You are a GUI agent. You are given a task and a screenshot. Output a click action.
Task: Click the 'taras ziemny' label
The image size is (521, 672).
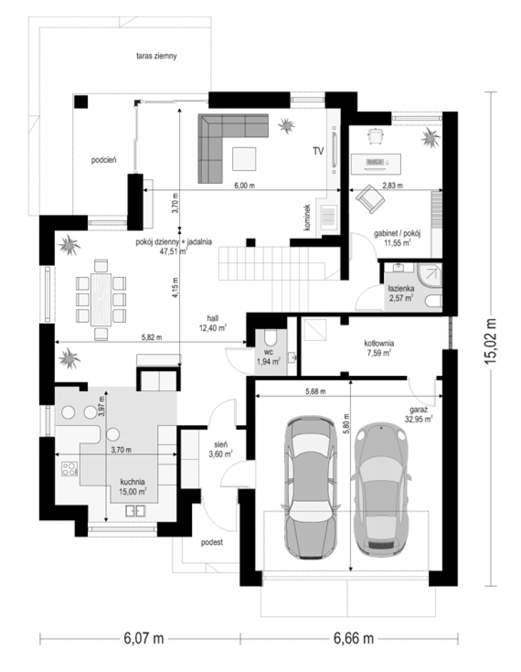[156, 57]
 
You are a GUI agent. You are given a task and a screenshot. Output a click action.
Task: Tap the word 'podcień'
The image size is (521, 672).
[104, 160]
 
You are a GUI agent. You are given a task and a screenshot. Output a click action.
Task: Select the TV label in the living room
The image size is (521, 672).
[318, 151]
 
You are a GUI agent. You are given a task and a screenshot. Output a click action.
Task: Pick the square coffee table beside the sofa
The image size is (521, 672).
[244, 158]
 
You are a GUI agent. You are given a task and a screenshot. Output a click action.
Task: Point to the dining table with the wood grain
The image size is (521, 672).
[101, 300]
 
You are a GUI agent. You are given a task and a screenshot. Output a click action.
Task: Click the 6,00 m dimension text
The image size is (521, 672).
[245, 185]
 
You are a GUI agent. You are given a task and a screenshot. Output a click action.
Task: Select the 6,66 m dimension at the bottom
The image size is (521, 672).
[354, 638]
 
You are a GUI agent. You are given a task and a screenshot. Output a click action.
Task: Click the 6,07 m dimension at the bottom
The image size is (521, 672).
[144, 638]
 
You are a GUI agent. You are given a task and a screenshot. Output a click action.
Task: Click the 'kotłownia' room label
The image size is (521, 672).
[379, 343]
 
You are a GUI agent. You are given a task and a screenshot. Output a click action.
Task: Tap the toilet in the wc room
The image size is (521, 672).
[271, 337]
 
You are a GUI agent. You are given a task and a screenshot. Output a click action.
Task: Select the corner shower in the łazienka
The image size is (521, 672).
[430, 275]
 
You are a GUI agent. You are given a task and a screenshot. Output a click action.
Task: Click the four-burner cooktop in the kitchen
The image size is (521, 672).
[69, 469]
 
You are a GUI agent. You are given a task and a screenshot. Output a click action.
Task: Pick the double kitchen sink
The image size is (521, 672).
[135, 511]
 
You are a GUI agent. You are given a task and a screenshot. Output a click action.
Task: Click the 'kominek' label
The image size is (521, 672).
[307, 217]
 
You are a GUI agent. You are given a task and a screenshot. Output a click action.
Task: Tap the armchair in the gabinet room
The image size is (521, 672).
[370, 199]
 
